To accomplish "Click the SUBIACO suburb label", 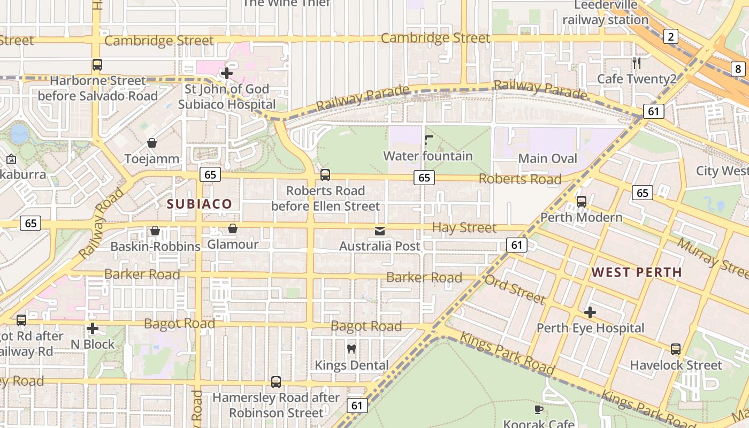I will coord(200,204).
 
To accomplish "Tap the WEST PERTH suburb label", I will coord(637,272).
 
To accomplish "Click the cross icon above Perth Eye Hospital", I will coord(590,312).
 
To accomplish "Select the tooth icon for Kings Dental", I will coord(351,349).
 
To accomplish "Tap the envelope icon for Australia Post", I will coord(380,231).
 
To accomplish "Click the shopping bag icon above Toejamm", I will coord(152,143).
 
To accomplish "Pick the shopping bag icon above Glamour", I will coord(233,228).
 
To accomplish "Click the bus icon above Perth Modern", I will coord(582,202).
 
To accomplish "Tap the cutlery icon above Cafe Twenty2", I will coord(637,63).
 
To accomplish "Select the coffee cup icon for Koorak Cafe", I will coord(539,409).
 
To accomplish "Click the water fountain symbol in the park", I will coord(428,140).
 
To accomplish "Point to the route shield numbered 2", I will coord(670,36).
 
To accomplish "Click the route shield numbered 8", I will coord(738,68).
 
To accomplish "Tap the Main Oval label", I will coord(548,158).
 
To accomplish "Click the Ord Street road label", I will coord(515,289).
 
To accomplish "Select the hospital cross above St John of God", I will coord(227,73).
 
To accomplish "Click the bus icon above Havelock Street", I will coord(676,349).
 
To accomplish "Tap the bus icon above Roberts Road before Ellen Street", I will coord(325,175).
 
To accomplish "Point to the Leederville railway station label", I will coord(606,13).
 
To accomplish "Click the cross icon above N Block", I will coord(93,328).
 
